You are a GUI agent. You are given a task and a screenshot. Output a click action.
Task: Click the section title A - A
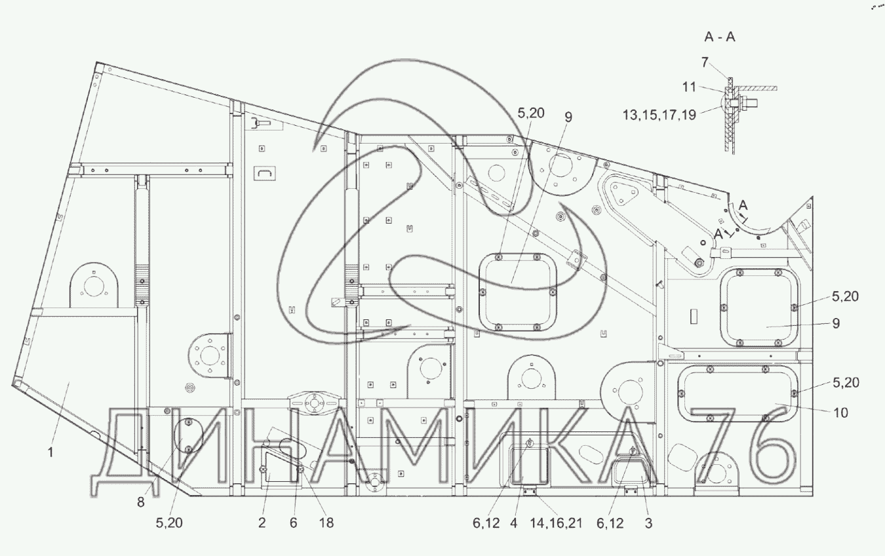click(719, 37)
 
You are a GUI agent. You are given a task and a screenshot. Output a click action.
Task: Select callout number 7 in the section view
click(705, 62)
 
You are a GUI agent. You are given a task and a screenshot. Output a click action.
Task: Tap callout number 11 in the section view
click(690, 87)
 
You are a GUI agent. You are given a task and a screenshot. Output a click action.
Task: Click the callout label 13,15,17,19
click(659, 115)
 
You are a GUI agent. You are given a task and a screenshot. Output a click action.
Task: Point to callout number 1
click(50, 452)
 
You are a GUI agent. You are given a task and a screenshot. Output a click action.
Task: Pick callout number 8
click(141, 502)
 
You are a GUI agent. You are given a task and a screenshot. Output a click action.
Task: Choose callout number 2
click(262, 523)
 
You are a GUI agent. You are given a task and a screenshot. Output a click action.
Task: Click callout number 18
click(326, 523)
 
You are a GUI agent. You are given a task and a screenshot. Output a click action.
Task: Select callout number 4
click(513, 523)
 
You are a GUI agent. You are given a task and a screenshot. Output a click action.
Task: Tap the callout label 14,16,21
click(556, 523)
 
